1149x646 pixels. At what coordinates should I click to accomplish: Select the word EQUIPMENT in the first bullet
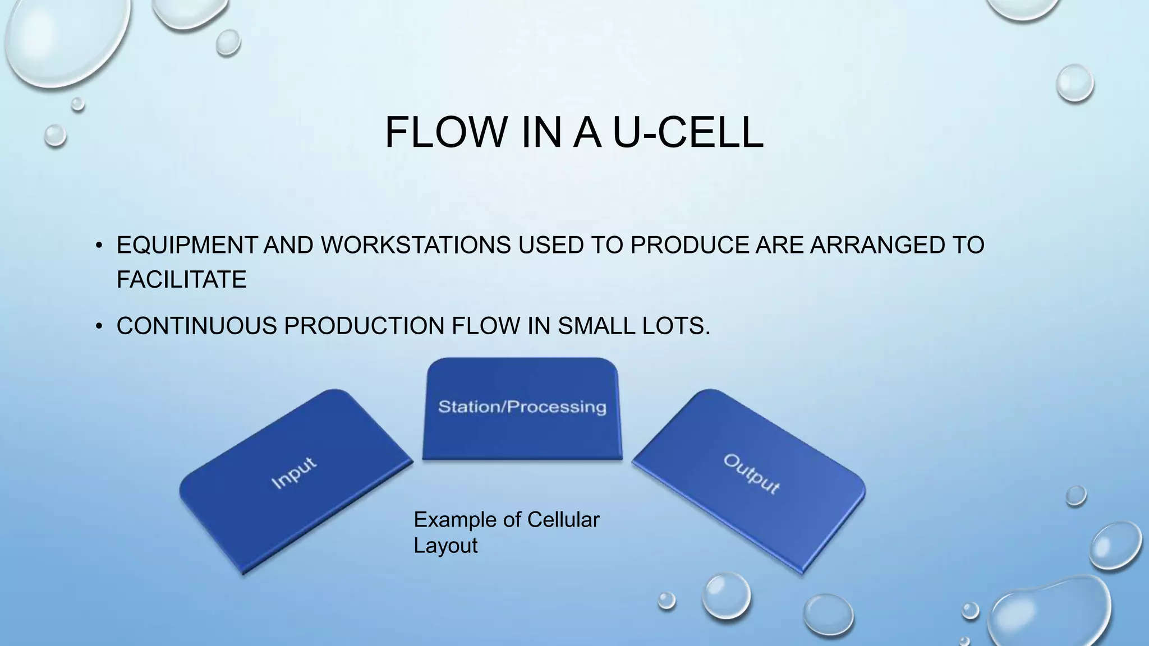tap(187, 245)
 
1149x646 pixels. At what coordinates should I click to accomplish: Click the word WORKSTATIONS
tap(416, 245)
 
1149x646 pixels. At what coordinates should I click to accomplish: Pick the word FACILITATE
tap(181, 279)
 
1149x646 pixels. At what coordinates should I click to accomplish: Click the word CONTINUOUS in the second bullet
tap(196, 326)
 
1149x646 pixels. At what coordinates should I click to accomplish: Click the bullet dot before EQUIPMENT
tap(99, 246)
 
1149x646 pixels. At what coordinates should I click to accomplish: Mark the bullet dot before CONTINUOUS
tap(99, 326)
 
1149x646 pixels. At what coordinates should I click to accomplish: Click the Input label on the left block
tap(294, 473)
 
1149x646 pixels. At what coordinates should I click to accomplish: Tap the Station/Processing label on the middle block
tap(522, 407)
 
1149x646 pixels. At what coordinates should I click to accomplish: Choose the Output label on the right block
tap(751, 474)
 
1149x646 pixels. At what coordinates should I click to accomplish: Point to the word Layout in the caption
tap(445, 546)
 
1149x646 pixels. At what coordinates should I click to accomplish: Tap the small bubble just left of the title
tap(55, 135)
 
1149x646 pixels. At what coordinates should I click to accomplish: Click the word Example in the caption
tap(455, 520)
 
